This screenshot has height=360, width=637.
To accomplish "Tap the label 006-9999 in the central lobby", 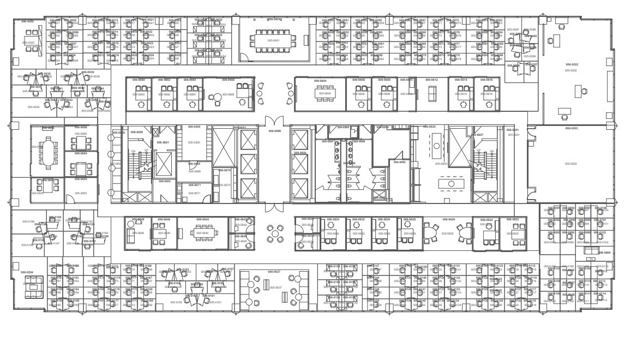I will pyautogui.click(x=274, y=131).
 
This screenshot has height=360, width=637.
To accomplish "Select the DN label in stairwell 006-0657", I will pyautogui.click(x=491, y=151).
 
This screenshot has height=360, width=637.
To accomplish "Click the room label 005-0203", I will pyautogui.click(x=570, y=164).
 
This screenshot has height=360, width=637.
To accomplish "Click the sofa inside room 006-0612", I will pyautogui.click(x=432, y=94).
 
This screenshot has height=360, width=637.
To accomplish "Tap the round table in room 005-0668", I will pyautogui.click(x=218, y=97).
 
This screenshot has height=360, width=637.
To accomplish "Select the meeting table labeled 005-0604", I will pyautogui.click(x=324, y=93).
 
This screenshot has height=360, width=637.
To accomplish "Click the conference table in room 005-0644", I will pyautogui.click(x=202, y=233).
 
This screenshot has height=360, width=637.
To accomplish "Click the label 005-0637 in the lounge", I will pyautogui.click(x=275, y=287).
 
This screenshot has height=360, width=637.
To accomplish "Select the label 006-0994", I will pyautogui.click(x=400, y=162).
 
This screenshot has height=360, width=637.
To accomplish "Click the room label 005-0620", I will pyautogui.click(x=441, y=164).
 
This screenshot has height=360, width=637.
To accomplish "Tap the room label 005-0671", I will pyautogui.click(x=194, y=193).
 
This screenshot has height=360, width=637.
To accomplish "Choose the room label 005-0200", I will pyautogui.click(x=194, y=142).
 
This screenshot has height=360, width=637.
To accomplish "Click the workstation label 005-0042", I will pyautogui.click(x=33, y=107).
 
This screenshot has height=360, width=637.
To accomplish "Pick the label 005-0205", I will pyautogui.click(x=28, y=43).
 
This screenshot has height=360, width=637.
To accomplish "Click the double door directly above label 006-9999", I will pyautogui.click(x=274, y=121).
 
